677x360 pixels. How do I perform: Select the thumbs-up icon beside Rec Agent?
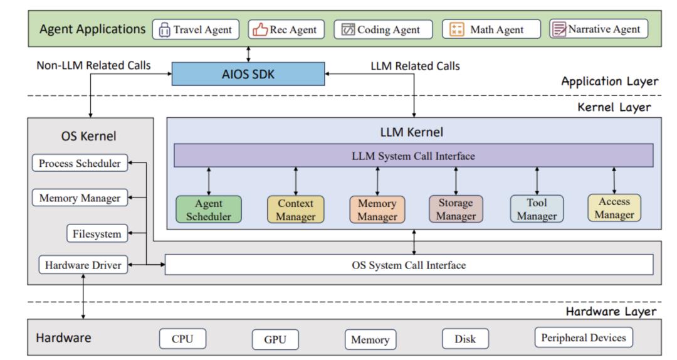259,29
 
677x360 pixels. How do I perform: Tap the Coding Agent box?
380,29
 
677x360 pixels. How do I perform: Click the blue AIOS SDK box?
248,73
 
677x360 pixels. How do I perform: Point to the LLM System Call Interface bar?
413,156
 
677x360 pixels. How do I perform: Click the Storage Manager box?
456,209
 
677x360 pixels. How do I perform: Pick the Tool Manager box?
537,209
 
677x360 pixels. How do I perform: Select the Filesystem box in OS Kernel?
97,235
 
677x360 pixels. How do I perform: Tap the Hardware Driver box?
80,265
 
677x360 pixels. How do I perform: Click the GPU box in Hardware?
275,340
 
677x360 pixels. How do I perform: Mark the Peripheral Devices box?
584,338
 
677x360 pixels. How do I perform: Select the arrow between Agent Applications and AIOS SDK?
249,53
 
